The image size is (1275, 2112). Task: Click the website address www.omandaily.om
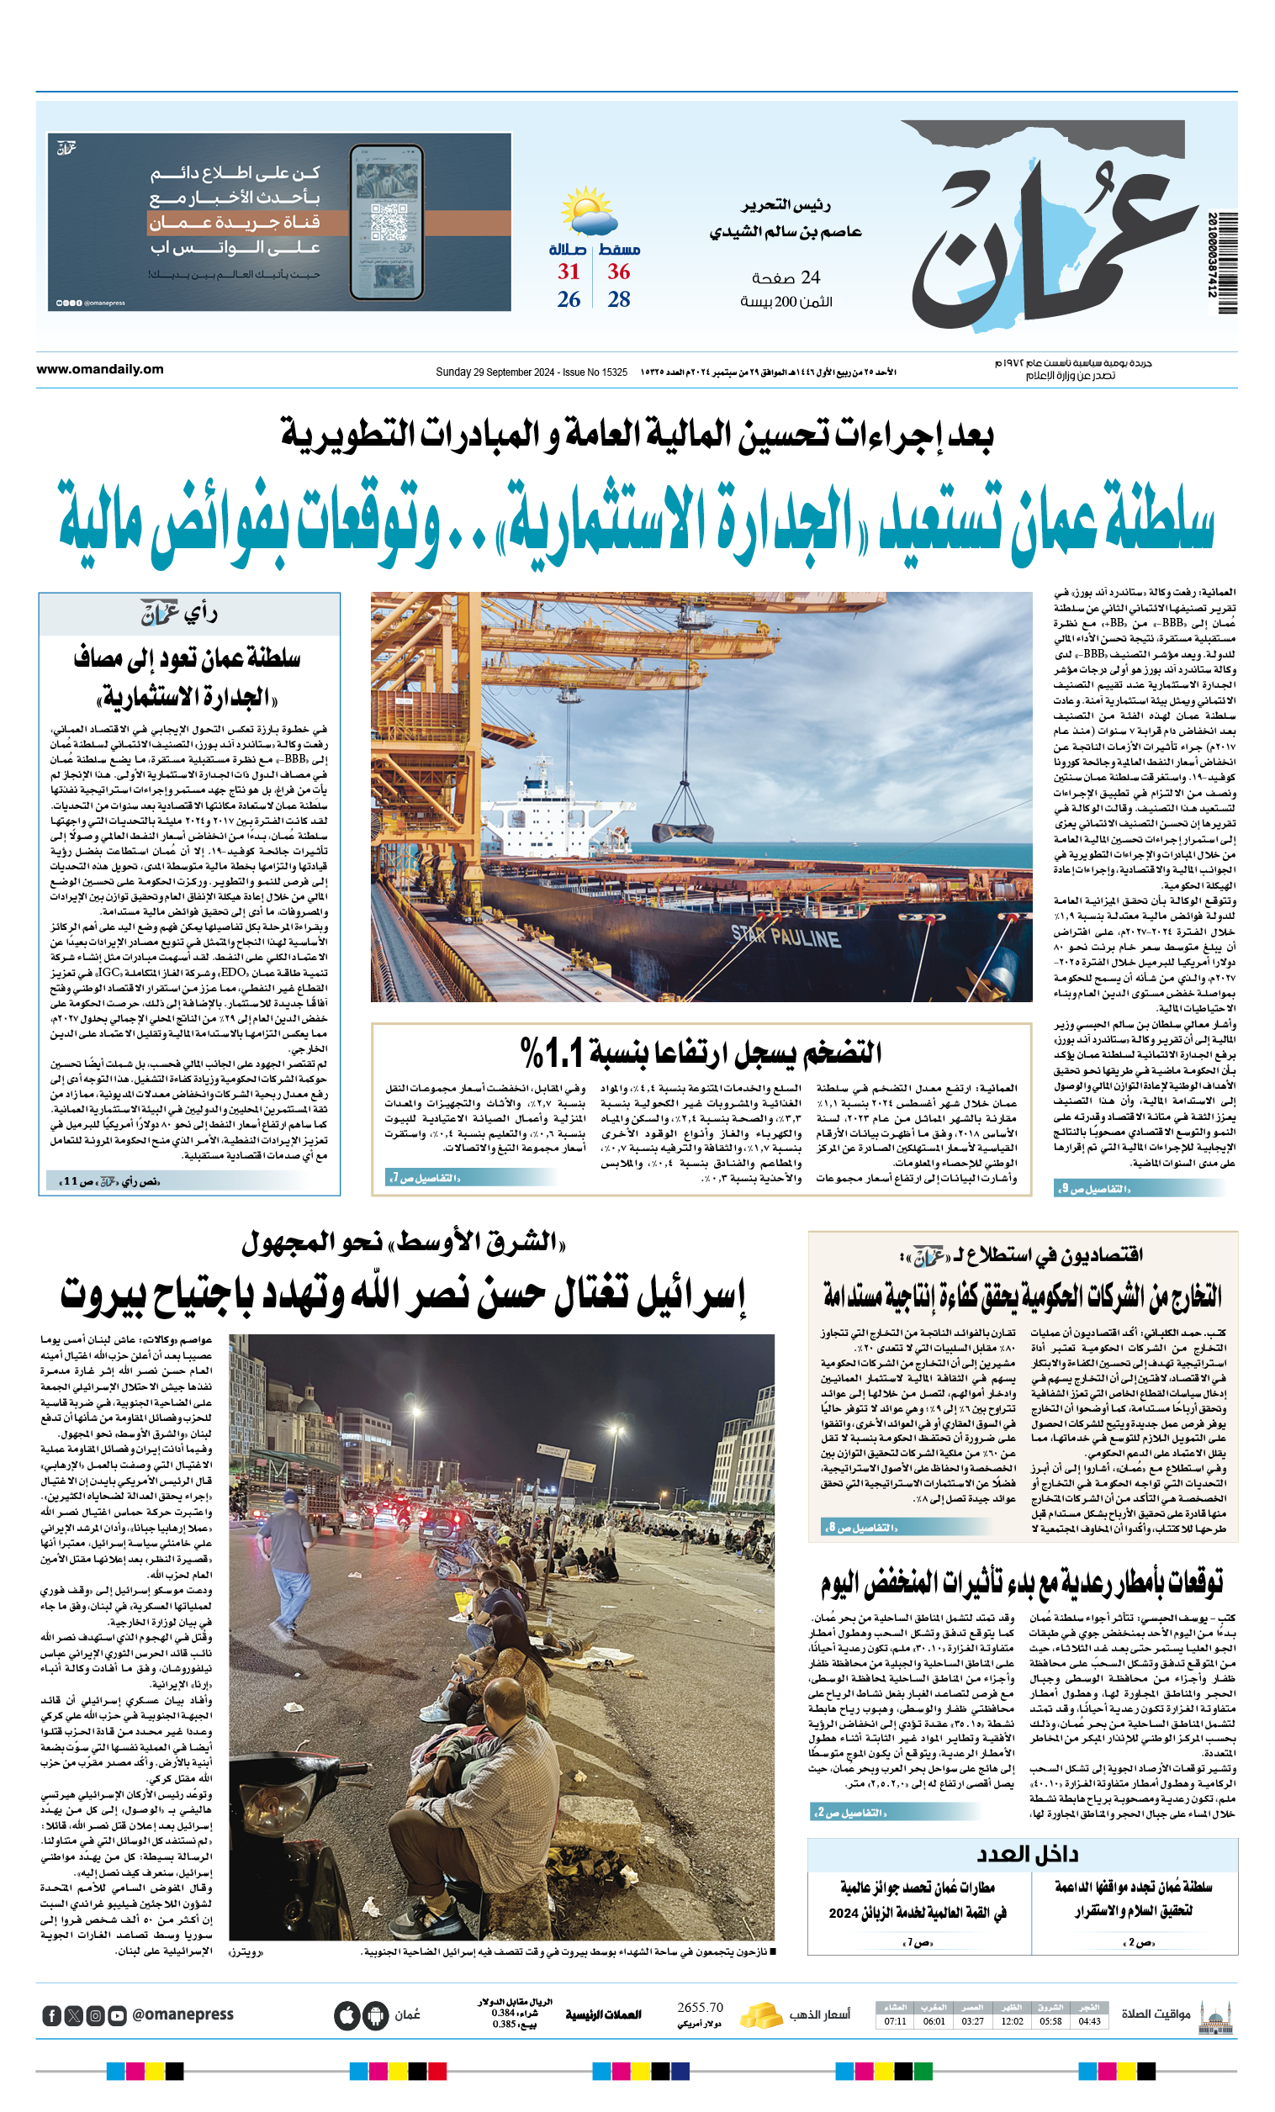click(99, 369)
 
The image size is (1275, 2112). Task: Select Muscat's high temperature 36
click(618, 272)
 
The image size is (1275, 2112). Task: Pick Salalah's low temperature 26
click(569, 300)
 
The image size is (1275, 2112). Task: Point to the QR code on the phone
click(388, 221)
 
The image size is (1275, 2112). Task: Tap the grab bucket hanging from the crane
click(682, 831)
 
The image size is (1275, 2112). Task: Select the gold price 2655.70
click(700, 2008)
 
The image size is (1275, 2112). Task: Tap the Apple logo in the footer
click(347, 2015)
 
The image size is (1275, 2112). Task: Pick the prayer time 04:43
click(1089, 2021)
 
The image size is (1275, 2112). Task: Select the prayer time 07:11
click(895, 2021)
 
